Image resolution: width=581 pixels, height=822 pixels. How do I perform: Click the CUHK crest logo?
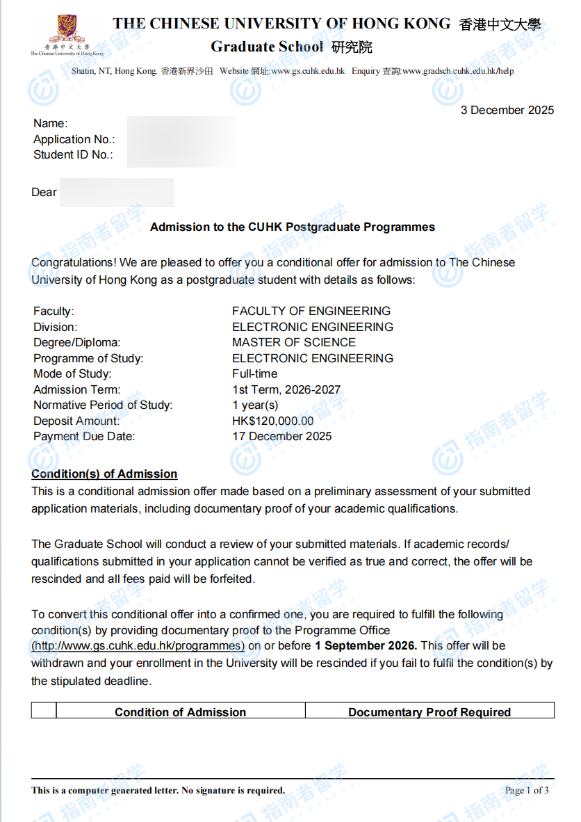[66, 32]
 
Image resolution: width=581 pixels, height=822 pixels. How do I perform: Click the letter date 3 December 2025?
[507, 110]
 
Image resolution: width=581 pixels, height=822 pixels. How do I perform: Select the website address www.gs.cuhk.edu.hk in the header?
[308, 71]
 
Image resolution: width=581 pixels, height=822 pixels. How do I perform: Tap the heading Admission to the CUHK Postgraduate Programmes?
[293, 227]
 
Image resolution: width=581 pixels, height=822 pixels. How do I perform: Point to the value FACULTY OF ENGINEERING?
[311, 311]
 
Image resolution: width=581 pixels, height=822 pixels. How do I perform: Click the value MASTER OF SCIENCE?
[294, 342]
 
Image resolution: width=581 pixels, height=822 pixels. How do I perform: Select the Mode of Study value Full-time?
[254, 373]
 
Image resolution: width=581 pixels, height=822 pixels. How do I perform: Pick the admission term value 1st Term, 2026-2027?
[286, 389]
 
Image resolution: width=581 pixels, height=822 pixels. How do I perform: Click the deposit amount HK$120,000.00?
[272, 421]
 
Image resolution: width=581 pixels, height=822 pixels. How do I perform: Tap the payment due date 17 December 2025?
[282, 437]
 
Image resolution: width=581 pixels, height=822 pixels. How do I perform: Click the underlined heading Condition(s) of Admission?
[104, 474]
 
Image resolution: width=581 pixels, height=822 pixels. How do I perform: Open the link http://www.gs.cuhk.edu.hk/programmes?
[138, 646]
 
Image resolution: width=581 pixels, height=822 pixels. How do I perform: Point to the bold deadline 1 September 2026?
[366, 646]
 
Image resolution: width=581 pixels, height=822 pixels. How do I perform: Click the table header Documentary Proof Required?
[429, 712]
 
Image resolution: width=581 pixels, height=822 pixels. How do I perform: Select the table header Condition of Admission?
[180, 712]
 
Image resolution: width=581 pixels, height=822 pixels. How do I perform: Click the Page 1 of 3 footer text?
[527, 790]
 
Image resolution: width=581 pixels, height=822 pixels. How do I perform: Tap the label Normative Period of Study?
[103, 405]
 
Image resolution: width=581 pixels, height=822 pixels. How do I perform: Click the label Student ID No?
[73, 154]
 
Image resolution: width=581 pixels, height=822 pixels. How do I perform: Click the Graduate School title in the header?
[268, 47]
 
